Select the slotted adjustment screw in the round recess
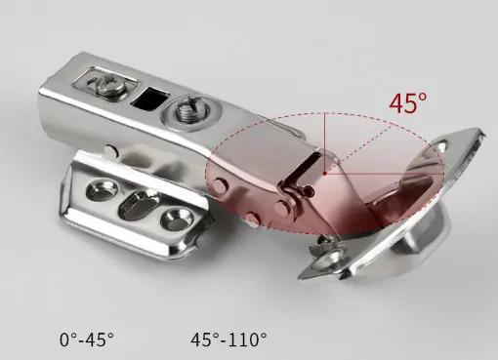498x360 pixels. coord(190,109)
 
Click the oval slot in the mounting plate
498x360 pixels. coord(138,205)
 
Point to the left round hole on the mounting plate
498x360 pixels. coord(102,190)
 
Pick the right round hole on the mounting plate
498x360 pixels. coord(176,219)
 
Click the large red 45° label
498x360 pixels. coord(408,103)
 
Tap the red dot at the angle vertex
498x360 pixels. coord(325,174)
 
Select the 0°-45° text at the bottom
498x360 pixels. coord(87,340)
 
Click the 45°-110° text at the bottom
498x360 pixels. coord(228,340)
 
